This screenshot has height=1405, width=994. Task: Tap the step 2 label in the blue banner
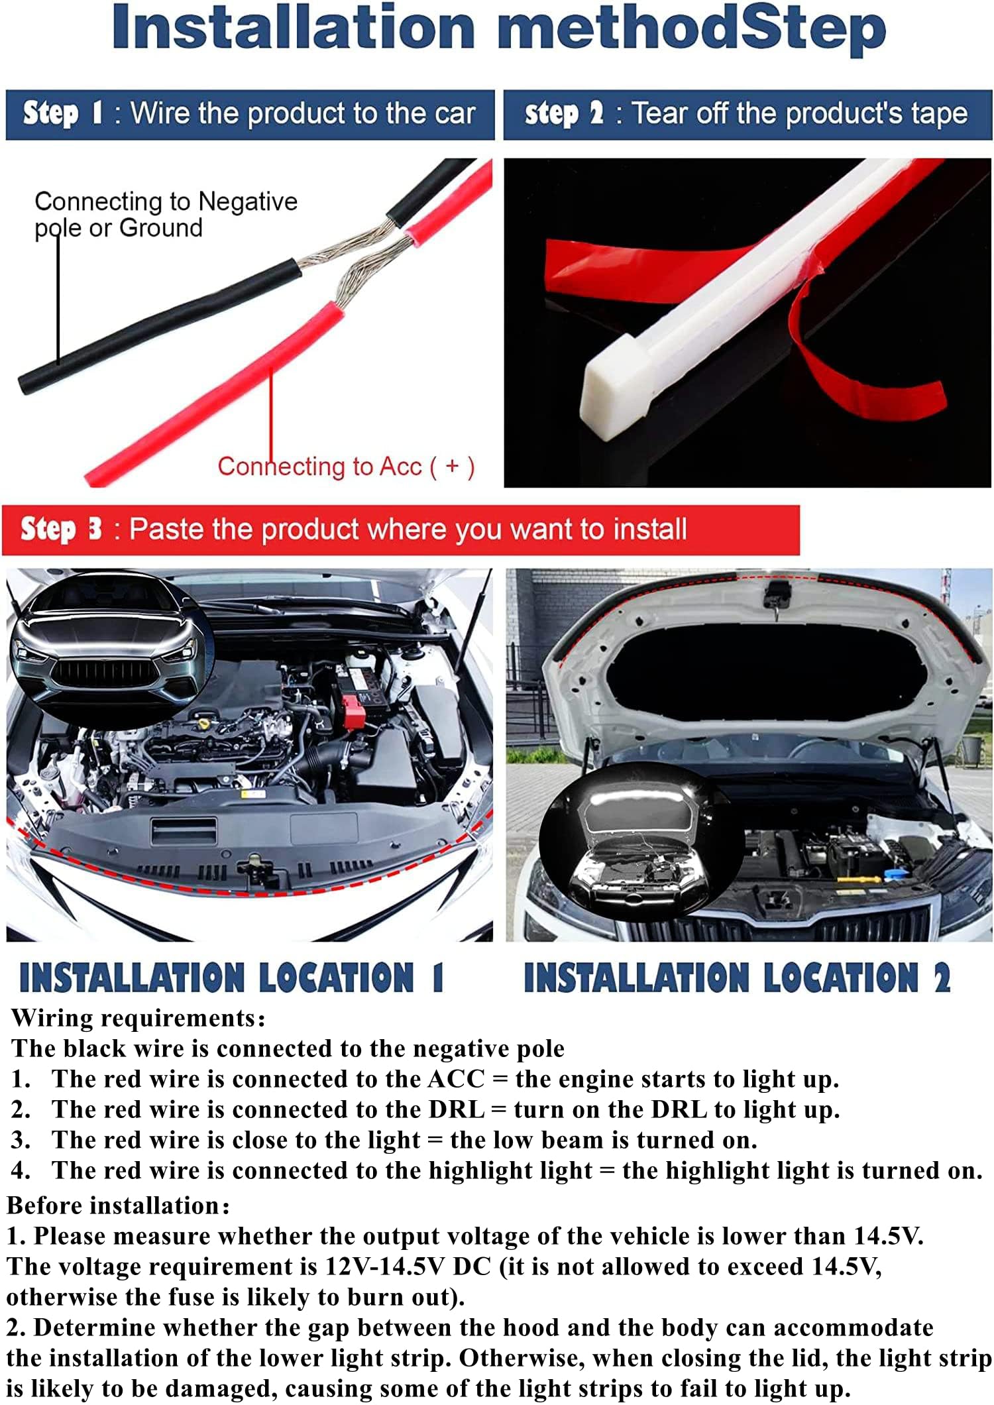tap(564, 113)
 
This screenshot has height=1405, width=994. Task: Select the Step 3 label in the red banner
tap(61, 530)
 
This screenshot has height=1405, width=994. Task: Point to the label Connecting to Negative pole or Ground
tap(166, 214)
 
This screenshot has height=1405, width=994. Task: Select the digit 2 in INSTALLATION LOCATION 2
tap(942, 978)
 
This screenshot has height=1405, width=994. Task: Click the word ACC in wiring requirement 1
tap(457, 1079)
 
